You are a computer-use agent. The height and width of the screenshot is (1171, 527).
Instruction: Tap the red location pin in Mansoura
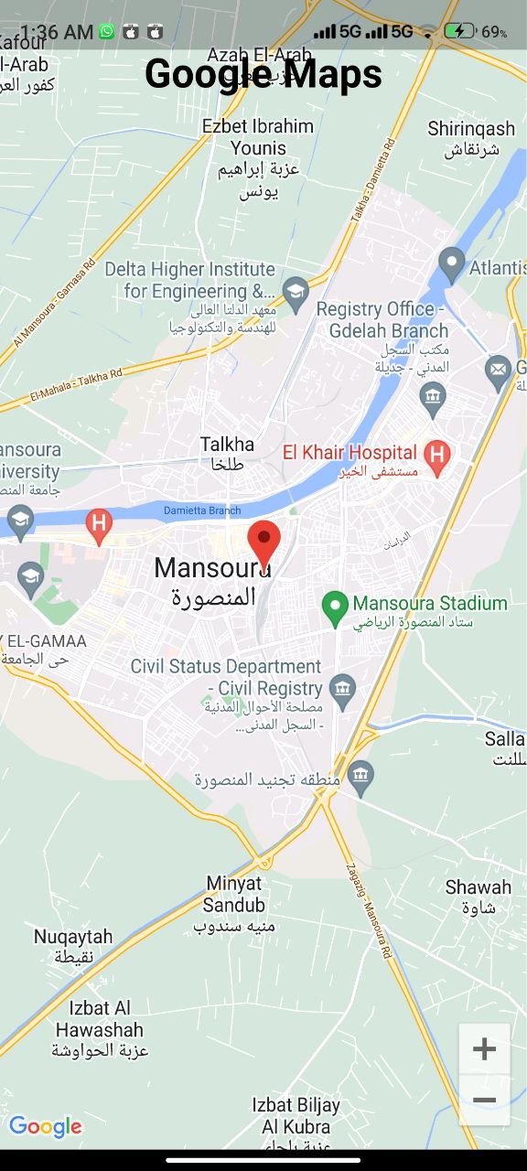coord(264,542)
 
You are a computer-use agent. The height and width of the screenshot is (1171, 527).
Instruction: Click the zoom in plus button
coord(484,1048)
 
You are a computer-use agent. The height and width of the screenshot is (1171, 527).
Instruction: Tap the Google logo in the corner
coord(45,1127)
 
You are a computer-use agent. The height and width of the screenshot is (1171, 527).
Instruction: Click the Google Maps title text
coord(263,73)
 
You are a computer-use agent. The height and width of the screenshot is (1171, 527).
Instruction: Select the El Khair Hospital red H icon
coord(438,454)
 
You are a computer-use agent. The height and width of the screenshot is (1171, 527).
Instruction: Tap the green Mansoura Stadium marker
coord(335,606)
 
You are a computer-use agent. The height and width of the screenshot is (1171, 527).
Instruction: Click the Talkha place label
coord(227,445)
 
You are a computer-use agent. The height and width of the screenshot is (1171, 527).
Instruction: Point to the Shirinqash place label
coord(471,129)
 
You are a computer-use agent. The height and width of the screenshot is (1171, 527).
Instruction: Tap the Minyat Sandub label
coord(234,894)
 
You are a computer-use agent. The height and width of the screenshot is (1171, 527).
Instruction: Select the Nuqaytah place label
coord(73,937)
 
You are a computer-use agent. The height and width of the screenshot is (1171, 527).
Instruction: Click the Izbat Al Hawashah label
coord(99,1019)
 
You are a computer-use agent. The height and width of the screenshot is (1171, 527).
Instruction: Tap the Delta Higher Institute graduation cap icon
coord(295,292)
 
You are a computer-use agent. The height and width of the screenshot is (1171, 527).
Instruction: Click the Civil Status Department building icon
coord(343,688)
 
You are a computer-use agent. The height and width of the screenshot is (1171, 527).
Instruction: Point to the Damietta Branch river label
coord(202,510)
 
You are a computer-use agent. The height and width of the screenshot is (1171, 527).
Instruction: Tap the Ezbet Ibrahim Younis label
coord(258,137)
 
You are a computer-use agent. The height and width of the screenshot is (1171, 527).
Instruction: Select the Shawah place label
coord(479,886)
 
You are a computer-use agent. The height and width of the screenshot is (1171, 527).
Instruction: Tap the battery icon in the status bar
coord(459,32)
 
